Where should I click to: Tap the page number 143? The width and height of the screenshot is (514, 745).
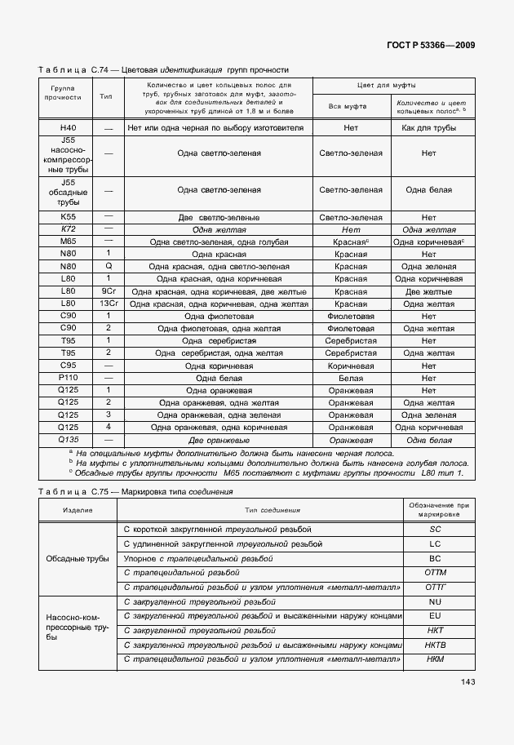468,682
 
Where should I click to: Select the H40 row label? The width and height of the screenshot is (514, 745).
68,128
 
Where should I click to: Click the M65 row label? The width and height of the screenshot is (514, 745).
68,242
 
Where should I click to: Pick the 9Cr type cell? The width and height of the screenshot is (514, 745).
107,290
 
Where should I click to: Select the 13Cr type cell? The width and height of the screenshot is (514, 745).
107,303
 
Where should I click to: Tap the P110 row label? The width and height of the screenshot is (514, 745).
68,379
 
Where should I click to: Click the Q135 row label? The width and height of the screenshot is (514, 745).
68,440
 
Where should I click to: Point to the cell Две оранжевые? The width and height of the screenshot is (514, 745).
219,441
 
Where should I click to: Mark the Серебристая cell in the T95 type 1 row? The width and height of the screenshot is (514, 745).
351,340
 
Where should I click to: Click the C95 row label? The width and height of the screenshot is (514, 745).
68,366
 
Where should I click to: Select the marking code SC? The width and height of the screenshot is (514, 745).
435,530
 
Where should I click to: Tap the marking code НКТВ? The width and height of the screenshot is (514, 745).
435,645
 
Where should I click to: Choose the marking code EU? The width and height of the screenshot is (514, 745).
435,615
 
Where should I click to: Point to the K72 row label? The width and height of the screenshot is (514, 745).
68,230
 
